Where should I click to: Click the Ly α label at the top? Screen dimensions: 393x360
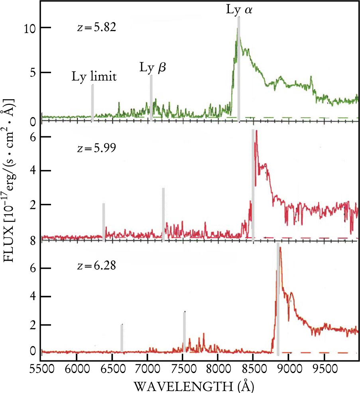pyautogui.click(x=239, y=10)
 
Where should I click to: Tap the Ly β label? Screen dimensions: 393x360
pyautogui.click(x=152, y=68)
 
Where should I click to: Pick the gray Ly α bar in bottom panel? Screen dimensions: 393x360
pyautogui.click(x=278, y=299)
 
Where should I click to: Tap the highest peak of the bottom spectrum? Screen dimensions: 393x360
pyautogui.click(x=281, y=248)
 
